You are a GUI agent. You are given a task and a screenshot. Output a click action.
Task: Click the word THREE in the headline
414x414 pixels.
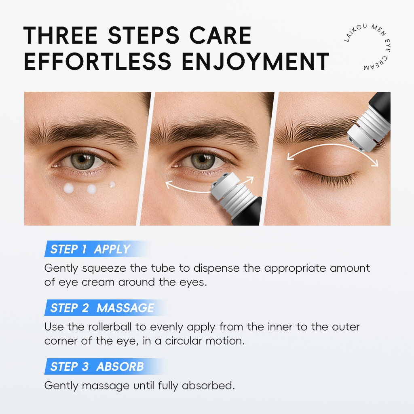(61, 35)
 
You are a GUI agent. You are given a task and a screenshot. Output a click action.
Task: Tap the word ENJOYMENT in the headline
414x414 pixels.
(256, 61)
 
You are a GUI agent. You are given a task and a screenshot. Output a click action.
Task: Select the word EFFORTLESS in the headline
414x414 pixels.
(97, 61)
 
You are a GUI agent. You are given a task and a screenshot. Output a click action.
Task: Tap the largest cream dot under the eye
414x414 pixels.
(69, 188)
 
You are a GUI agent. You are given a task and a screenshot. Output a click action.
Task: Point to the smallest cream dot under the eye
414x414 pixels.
(112, 184)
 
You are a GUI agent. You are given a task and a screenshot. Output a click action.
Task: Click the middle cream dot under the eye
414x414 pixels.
(92, 189)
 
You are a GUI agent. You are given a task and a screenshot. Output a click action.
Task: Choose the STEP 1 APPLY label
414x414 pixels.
(90, 249)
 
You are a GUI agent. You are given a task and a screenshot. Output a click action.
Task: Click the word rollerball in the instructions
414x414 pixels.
(110, 327)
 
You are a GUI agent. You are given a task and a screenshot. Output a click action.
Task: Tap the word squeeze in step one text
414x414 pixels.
(104, 269)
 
